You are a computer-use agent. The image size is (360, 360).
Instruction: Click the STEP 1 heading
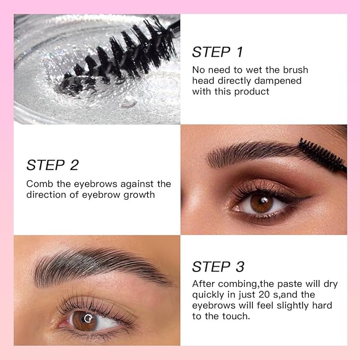coord(217,52)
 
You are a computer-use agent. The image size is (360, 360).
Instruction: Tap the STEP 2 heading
coord(52,165)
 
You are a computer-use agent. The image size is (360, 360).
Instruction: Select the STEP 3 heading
coord(217,267)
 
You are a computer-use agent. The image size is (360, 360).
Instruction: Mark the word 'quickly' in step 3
coord(209,295)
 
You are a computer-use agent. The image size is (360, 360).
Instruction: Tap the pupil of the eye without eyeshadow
coord(86,320)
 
